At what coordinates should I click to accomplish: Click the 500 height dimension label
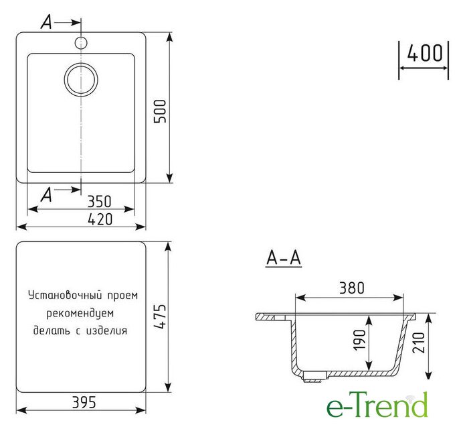[161, 111]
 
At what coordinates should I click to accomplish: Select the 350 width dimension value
[99, 201]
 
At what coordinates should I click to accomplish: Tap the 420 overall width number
[100, 219]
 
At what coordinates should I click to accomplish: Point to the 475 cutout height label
[161, 316]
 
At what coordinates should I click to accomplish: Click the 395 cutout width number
[84, 403]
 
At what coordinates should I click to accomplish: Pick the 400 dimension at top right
[425, 54]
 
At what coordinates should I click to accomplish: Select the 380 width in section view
[352, 288]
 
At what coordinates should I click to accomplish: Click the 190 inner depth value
[360, 340]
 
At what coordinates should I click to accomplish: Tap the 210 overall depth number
[418, 343]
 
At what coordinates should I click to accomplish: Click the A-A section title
[284, 258]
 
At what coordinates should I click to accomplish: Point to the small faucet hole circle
[81, 42]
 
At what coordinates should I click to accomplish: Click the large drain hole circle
[81, 80]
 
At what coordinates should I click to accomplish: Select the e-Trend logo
[377, 404]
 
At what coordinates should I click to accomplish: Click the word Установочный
[66, 296]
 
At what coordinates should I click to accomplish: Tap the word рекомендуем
[80, 313]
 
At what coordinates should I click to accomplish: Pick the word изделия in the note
[106, 330]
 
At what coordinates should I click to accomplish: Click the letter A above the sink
[46, 22]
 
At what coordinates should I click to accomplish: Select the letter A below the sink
[46, 195]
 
